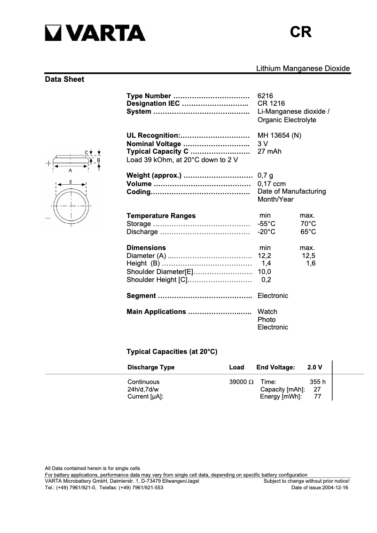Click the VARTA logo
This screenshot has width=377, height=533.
click(x=95, y=33)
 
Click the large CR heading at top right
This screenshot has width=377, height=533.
click(x=300, y=32)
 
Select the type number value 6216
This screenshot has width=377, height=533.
click(x=265, y=95)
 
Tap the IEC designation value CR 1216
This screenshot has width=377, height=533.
click(x=271, y=103)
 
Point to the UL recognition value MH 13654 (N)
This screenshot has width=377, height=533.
click(x=279, y=135)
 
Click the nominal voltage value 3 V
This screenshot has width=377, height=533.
click(x=263, y=143)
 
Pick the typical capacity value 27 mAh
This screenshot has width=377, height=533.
click(x=269, y=151)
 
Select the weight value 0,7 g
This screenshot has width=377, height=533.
click(x=265, y=176)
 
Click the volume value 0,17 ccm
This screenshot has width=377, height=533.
click(x=271, y=184)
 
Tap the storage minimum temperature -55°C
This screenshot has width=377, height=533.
click(x=266, y=224)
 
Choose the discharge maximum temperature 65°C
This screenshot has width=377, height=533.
click(x=308, y=232)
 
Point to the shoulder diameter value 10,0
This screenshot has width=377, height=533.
click(x=265, y=272)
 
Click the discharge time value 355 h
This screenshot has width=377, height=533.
click(x=317, y=382)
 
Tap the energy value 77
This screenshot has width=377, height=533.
click(x=317, y=397)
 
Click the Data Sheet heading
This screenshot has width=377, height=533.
click(x=64, y=79)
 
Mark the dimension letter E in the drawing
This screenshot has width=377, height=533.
click(x=71, y=181)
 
